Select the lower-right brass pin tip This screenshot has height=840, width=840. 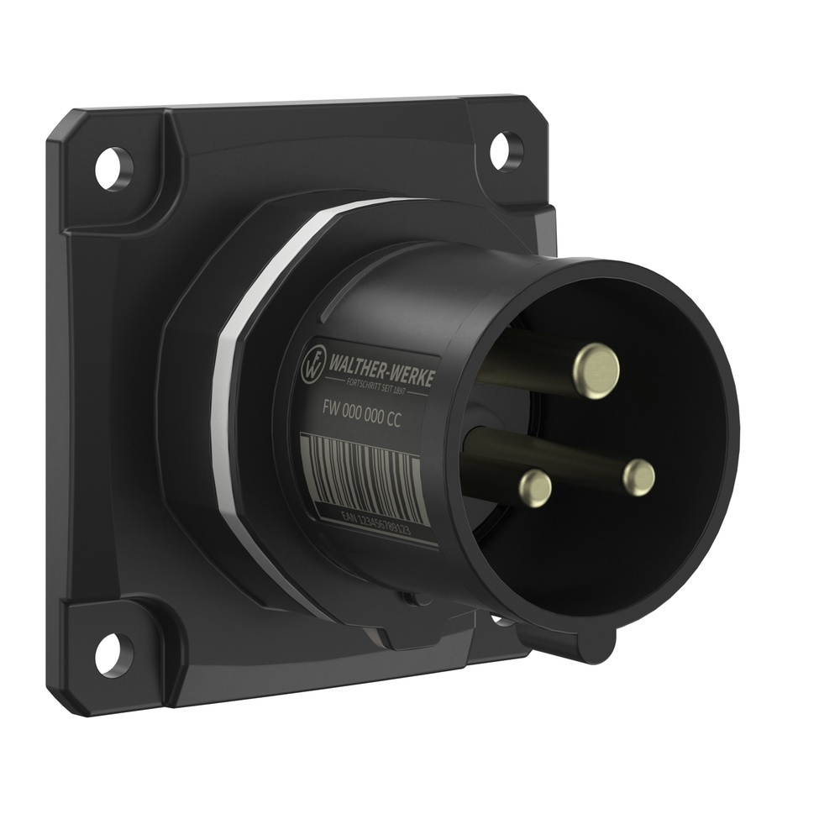[x=639, y=477]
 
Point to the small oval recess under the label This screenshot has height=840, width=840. [x=412, y=598]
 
